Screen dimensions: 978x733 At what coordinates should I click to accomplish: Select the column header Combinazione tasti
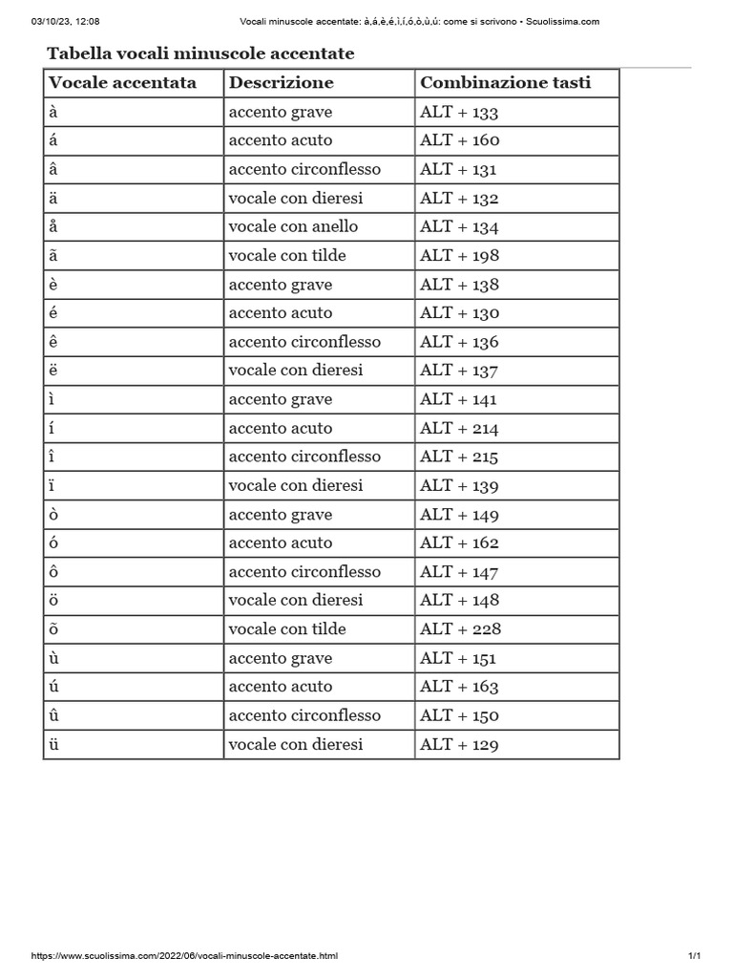(x=505, y=83)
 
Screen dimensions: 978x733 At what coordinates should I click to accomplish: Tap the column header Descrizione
(x=281, y=83)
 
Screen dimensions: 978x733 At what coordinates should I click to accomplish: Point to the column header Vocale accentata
(x=122, y=83)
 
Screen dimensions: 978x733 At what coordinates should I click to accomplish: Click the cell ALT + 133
(x=459, y=112)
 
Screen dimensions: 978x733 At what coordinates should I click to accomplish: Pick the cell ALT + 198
(x=459, y=256)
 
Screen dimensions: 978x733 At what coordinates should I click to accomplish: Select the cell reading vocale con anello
(x=293, y=227)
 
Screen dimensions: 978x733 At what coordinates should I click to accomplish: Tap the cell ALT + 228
(x=460, y=629)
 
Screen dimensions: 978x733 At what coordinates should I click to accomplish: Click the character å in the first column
(x=53, y=227)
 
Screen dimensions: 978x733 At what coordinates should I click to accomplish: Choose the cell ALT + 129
(x=459, y=744)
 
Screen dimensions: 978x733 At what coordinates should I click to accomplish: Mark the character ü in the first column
(x=54, y=744)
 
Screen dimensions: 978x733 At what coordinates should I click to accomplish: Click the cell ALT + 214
(x=459, y=428)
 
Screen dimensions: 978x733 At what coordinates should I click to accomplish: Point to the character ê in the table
(x=53, y=342)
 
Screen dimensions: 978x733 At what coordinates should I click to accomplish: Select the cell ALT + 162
(x=459, y=542)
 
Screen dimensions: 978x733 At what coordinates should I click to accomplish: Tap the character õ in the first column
(x=54, y=629)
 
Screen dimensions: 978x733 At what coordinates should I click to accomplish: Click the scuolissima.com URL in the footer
(x=185, y=956)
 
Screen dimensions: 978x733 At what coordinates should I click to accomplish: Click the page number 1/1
(x=694, y=956)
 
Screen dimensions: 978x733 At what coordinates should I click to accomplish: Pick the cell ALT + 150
(x=459, y=715)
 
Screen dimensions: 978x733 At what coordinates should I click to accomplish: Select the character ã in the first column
(x=53, y=256)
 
